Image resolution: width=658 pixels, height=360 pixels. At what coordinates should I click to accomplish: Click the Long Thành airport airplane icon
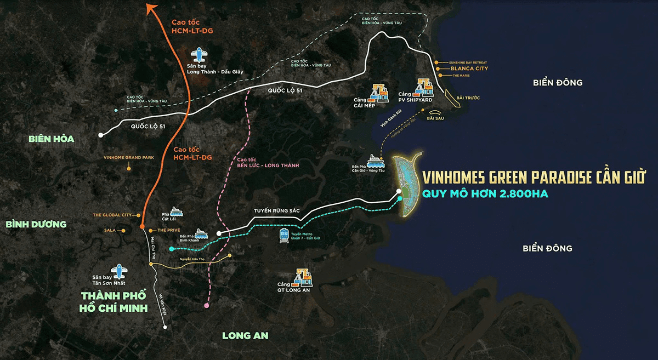tap(199, 55)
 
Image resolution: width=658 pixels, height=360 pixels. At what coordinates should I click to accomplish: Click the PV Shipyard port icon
tap(424, 87)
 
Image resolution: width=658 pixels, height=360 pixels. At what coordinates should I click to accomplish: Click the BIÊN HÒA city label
tap(52, 139)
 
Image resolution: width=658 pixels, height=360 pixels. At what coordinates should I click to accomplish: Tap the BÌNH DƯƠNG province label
tap(36, 224)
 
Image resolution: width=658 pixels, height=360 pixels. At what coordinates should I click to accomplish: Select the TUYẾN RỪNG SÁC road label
tap(277, 210)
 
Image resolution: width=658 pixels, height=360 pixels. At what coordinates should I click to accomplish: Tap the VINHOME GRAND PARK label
tap(128, 157)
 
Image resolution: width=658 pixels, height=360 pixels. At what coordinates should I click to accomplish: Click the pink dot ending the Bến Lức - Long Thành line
tap(206, 305)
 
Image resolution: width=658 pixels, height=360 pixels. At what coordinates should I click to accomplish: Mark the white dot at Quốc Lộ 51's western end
tap(100, 135)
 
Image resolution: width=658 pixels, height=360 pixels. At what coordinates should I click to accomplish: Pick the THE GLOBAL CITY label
tap(114, 215)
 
